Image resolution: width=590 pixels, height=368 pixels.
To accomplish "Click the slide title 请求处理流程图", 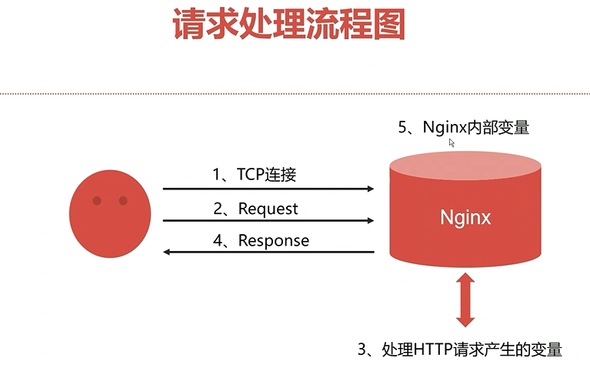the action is pos(289,24).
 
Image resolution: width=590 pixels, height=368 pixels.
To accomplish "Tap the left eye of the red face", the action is pos(97,201).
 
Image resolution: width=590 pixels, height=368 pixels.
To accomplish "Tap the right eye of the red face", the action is pos(123,201).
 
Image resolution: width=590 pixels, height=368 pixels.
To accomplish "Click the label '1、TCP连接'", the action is pos(255,175).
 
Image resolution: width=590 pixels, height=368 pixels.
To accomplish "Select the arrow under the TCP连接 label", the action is pos(268,189).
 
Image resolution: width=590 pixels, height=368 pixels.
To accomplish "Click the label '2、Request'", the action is pos(255,209).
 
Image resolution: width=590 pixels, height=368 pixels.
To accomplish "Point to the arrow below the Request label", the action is pos(268,220).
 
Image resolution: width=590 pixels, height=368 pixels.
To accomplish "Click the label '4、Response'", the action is pos(261,241).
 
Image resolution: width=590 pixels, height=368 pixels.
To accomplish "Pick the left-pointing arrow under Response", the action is pos(268,252).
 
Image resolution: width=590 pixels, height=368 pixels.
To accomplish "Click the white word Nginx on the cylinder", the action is pos(465,218).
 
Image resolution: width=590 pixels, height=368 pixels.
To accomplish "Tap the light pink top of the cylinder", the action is pos(465,166).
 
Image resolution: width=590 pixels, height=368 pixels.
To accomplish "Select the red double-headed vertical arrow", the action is pos(465,299).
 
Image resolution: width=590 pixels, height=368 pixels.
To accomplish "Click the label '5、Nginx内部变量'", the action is pos(464,127).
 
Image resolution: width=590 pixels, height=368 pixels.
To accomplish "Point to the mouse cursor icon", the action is pos(452,142).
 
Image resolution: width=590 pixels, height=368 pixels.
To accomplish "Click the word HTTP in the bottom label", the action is pos(433,350).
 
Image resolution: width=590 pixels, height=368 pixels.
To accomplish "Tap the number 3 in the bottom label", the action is pos(362,350).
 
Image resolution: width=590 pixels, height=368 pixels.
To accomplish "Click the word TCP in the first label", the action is pos(251,175).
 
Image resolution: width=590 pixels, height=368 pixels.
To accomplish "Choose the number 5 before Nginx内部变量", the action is pos(402,127).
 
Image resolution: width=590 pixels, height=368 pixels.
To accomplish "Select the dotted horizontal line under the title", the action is pos(295,93).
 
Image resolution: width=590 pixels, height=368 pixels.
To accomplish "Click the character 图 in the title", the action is pos(389,24).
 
